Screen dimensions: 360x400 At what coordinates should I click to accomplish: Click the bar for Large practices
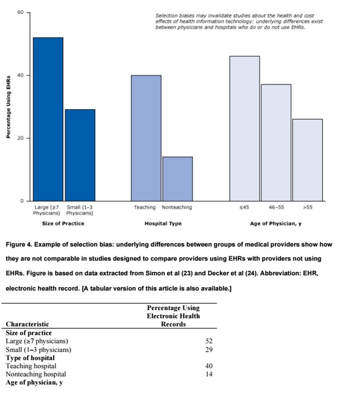48,119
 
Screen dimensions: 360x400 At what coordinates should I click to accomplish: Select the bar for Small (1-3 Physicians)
80,155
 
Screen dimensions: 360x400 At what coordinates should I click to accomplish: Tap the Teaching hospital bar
146,138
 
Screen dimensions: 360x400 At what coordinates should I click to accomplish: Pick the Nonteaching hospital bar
178,179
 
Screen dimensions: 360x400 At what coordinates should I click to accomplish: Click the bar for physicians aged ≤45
245,129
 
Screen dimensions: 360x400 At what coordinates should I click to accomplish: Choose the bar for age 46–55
276,142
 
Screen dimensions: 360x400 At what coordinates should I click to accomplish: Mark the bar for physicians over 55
308,160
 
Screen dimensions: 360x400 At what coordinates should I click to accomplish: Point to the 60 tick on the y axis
21,12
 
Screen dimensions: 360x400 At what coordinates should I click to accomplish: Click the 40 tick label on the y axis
21,75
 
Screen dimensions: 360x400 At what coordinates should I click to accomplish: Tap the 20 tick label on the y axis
21,138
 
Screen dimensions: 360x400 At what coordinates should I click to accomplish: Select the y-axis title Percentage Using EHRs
8,107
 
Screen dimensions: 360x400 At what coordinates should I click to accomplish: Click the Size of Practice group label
63,223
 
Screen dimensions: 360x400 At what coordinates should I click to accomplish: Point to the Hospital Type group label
163,223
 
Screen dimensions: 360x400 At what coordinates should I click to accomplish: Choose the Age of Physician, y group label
276,224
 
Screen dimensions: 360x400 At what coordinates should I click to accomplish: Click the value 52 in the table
209,341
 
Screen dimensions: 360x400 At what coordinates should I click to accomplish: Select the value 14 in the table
209,374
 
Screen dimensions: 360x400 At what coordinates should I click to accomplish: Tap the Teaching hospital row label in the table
31,366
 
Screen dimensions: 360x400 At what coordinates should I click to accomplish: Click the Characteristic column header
27,324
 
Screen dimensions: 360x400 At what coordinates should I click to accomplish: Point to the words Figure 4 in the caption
19,244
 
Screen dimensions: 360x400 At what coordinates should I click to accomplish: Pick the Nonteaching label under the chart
177,208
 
